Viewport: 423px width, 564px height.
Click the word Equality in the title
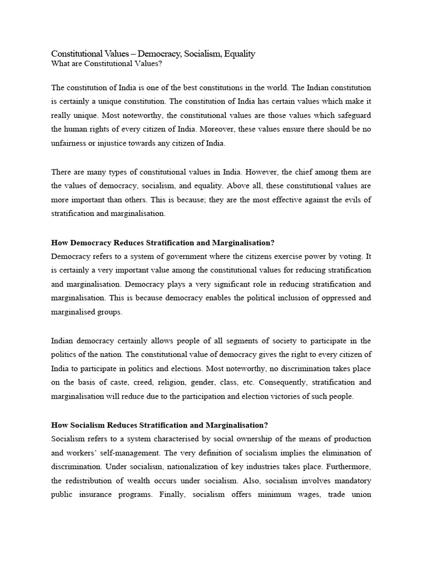pos(236,53)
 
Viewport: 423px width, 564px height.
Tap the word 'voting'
pos(345,256)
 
